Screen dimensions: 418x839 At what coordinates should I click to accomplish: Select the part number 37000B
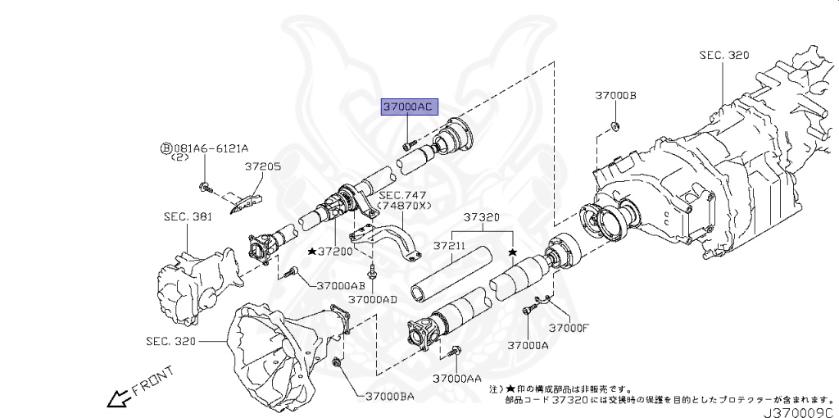point(615,96)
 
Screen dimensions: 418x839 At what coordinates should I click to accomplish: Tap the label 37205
point(262,166)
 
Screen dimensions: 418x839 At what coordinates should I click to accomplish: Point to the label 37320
point(482,218)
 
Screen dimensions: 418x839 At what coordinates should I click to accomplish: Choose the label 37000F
point(569,328)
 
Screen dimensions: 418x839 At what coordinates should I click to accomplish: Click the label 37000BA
point(390,397)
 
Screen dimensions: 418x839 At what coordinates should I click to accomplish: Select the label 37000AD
point(372,299)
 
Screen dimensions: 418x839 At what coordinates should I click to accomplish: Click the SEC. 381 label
point(188,217)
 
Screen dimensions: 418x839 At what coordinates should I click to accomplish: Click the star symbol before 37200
point(313,251)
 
